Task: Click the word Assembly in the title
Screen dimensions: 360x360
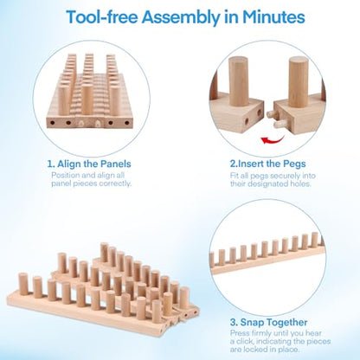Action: click(x=180, y=17)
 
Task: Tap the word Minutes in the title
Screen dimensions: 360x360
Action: click(x=273, y=17)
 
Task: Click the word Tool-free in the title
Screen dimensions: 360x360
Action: click(x=102, y=17)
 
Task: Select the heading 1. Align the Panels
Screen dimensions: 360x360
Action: click(x=89, y=164)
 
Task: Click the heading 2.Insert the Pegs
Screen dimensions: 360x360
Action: click(x=267, y=164)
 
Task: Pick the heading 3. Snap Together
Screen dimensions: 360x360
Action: click(x=269, y=322)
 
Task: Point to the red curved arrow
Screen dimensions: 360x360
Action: click(x=273, y=140)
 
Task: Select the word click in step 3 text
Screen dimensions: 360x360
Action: click(x=245, y=341)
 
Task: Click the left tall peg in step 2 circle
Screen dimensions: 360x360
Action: click(x=238, y=81)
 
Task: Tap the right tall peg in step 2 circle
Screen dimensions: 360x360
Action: click(x=299, y=81)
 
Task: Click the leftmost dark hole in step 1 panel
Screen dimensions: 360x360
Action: click(x=53, y=123)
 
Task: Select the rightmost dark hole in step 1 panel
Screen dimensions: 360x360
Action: click(x=127, y=123)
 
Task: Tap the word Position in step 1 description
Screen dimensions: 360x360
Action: click(x=66, y=176)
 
